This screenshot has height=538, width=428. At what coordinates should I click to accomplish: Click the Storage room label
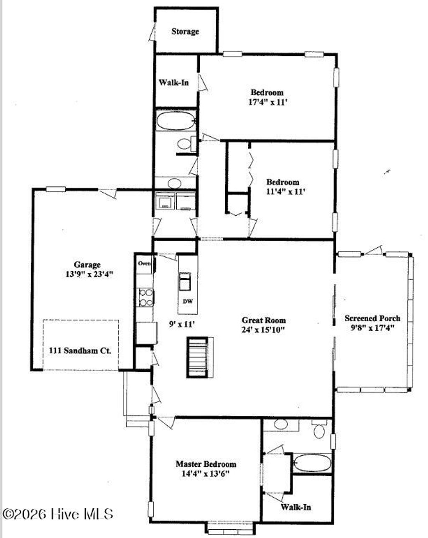pyautogui.click(x=185, y=31)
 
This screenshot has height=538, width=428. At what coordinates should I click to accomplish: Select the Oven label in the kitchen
pyautogui.click(x=145, y=263)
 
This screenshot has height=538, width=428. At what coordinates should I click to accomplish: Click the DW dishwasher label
pyautogui.click(x=188, y=301)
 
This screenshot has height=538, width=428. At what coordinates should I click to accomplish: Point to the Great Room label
pyautogui.click(x=264, y=320)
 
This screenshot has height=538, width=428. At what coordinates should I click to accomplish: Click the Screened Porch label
pyautogui.click(x=372, y=318)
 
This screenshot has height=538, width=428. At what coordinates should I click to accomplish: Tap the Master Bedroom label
pyautogui.click(x=206, y=464)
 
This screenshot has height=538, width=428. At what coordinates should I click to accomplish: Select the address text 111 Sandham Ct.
pyautogui.click(x=80, y=350)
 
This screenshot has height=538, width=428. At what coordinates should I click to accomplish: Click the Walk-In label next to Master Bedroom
pyautogui.click(x=296, y=507)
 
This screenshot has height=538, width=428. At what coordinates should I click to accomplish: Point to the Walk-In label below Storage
pyautogui.click(x=173, y=83)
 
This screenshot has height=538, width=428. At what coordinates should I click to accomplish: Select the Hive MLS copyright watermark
pyautogui.click(x=58, y=514)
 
